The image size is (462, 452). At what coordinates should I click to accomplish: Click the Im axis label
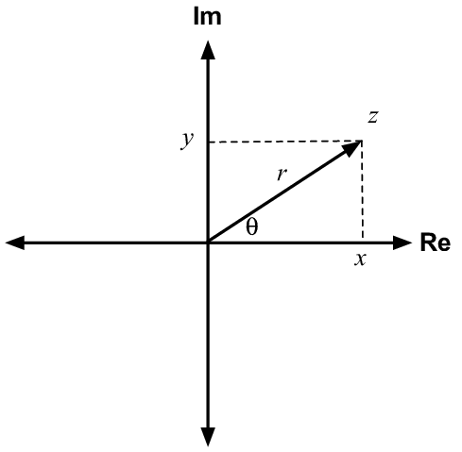[207, 17]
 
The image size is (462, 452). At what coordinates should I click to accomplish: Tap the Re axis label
[436, 243]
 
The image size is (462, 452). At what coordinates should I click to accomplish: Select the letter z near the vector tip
[373, 117]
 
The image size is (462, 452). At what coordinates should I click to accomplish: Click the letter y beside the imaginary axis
[187, 141]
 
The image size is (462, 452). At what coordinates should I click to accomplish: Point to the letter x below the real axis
[360, 259]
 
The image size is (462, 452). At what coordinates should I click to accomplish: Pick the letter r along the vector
[282, 174]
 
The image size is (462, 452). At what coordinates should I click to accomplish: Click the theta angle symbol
[252, 226]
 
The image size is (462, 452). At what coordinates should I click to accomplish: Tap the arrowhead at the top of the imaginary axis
[208, 50]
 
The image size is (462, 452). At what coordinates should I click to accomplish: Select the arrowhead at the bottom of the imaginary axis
[208, 437]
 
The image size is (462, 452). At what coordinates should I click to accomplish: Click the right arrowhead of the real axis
[402, 243]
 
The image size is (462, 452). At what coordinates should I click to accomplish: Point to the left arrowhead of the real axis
[15, 243]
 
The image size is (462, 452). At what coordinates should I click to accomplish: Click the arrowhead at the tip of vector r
[352, 148]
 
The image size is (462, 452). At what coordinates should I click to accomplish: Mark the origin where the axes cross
[208, 243]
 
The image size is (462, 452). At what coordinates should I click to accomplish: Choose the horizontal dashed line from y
[285, 142]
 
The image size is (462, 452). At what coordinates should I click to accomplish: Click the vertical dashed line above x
[363, 191]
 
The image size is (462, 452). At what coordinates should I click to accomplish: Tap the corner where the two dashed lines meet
[362, 142]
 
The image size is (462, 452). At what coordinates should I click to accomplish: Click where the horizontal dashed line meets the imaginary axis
[208, 142]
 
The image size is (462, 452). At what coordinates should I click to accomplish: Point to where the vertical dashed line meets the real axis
[363, 243]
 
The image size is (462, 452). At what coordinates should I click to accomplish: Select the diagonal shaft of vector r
[279, 195]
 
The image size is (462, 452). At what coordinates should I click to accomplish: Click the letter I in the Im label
[196, 17]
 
